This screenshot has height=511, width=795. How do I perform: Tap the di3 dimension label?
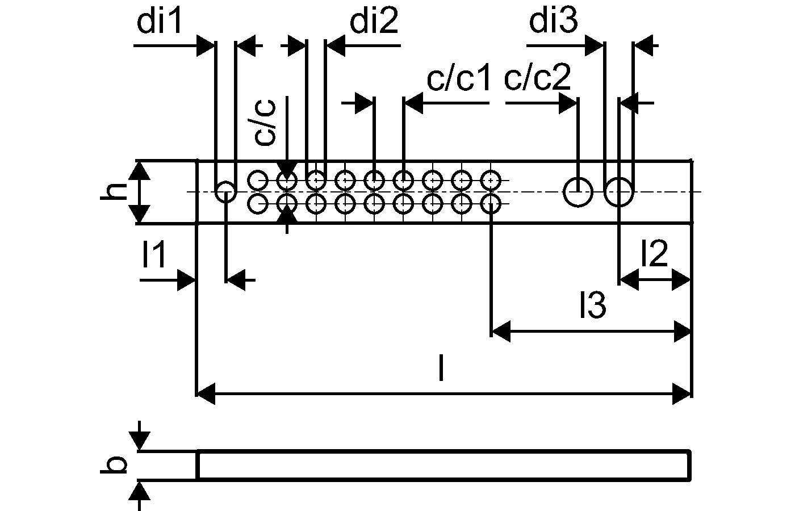553,20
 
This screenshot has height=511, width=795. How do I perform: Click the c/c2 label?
537,77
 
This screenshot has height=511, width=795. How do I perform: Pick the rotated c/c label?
265,123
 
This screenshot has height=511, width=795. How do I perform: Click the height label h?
114,192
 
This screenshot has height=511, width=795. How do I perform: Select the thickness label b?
114,465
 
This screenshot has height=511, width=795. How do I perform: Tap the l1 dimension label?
154,254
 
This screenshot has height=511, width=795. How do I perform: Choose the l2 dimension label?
655,253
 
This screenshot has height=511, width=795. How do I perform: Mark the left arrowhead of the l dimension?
206,393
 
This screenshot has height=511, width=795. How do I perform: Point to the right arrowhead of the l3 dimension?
682,332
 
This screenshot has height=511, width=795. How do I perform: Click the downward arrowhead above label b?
140,441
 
